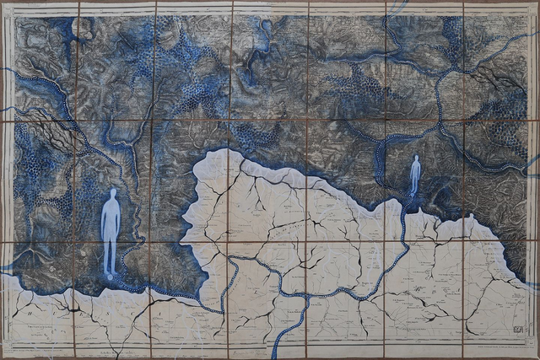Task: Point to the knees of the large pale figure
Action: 111,250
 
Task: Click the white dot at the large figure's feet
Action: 109,276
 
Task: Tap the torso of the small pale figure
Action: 415,175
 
